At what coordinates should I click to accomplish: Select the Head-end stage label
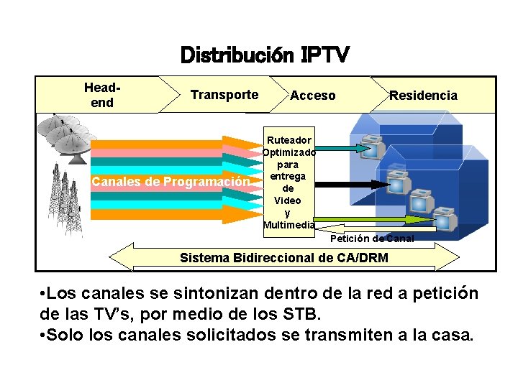102,95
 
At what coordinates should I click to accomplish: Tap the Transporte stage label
224,95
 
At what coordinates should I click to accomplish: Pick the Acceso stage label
312,96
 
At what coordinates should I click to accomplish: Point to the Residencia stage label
423,96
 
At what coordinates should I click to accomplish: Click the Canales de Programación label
170,181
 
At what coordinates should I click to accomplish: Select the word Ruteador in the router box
288,140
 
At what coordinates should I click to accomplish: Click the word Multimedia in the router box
288,225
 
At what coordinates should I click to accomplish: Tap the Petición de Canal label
372,239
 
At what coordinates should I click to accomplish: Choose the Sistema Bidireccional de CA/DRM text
283,258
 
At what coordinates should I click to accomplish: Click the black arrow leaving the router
349,184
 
